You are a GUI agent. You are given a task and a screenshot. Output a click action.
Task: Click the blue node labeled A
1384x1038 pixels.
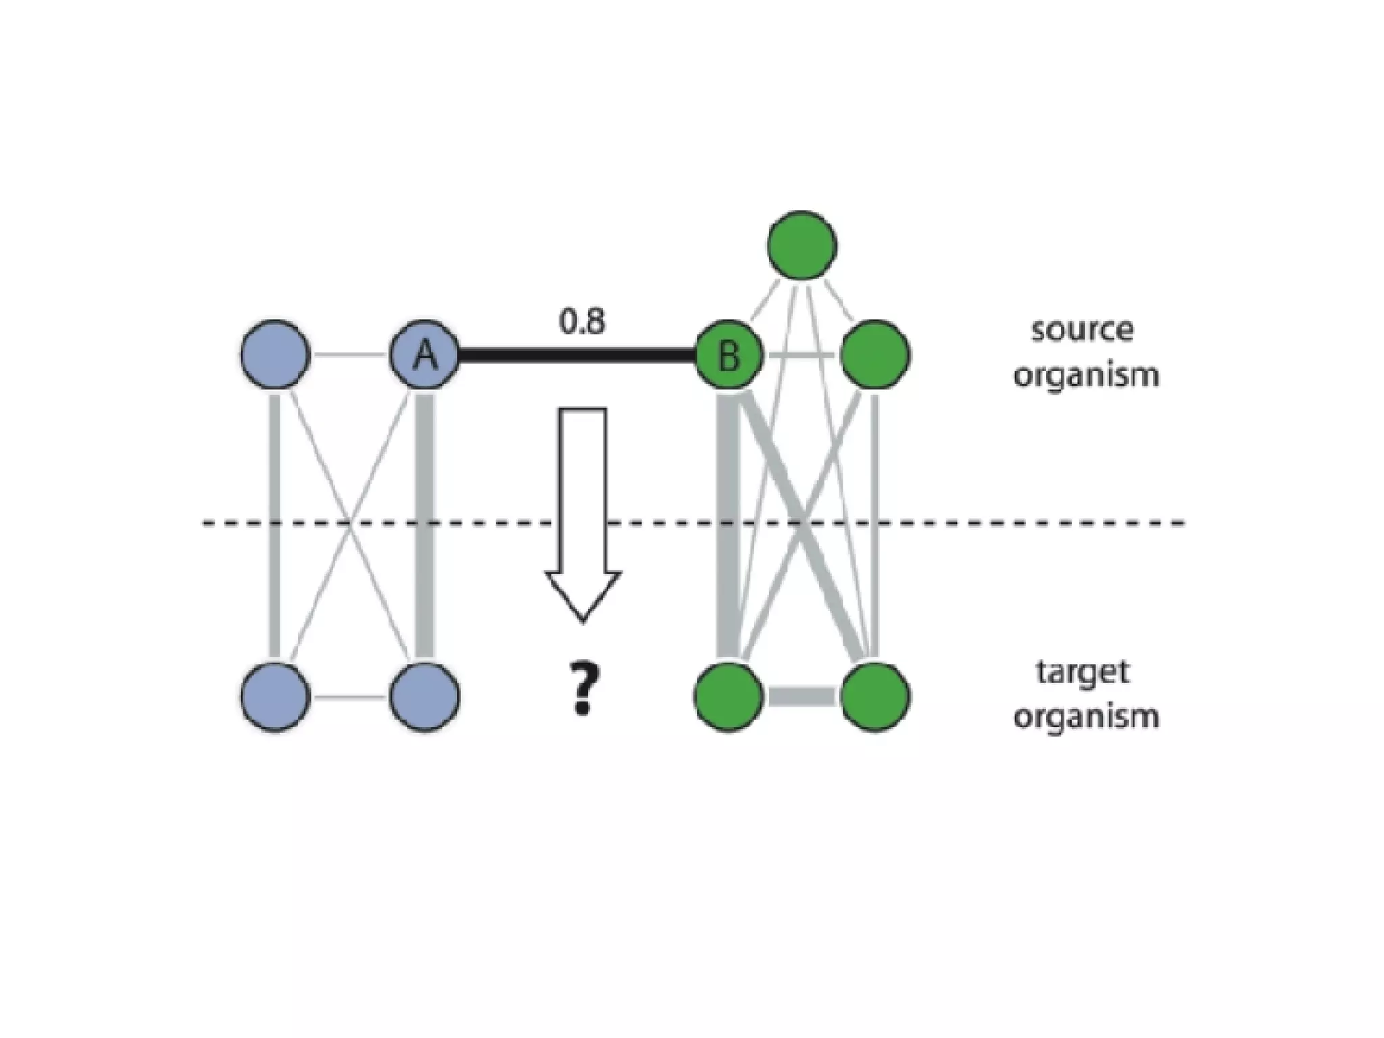click(424, 354)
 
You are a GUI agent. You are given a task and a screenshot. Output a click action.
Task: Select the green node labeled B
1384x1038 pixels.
click(729, 354)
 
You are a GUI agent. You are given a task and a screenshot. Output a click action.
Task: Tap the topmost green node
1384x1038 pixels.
click(802, 245)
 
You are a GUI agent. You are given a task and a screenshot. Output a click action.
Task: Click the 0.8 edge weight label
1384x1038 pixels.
click(582, 322)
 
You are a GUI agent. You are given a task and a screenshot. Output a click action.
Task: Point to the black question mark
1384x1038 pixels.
click(583, 689)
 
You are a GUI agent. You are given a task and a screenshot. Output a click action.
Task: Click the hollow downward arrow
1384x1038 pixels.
click(583, 514)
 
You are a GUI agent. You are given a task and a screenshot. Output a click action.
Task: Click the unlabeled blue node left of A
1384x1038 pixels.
click(275, 354)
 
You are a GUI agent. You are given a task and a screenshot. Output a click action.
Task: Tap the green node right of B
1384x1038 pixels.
click(875, 354)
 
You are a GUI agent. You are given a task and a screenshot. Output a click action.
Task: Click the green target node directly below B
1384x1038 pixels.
click(729, 696)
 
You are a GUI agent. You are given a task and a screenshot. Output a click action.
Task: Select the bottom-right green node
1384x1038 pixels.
click(875, 696)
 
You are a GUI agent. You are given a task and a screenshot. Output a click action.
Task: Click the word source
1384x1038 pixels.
click(1082, 330)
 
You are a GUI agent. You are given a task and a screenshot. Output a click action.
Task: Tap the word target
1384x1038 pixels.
click(1082, 672)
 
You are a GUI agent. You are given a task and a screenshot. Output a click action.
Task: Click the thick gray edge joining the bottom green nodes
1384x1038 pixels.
click(802, 696)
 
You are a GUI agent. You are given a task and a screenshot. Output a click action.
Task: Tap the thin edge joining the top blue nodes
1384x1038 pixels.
click(350, 354)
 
